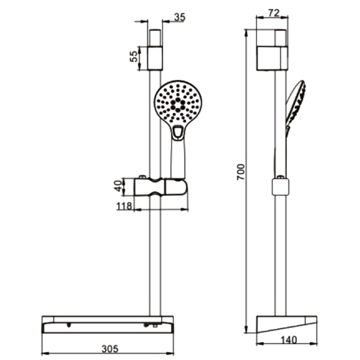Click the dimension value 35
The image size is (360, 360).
[179, 17]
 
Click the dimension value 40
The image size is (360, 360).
[119, 186]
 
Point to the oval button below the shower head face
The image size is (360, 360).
[178, 133]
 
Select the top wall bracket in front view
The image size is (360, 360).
[155, 57]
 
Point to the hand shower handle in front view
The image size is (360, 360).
[178, 159]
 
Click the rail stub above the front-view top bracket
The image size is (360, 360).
[155, 38]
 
